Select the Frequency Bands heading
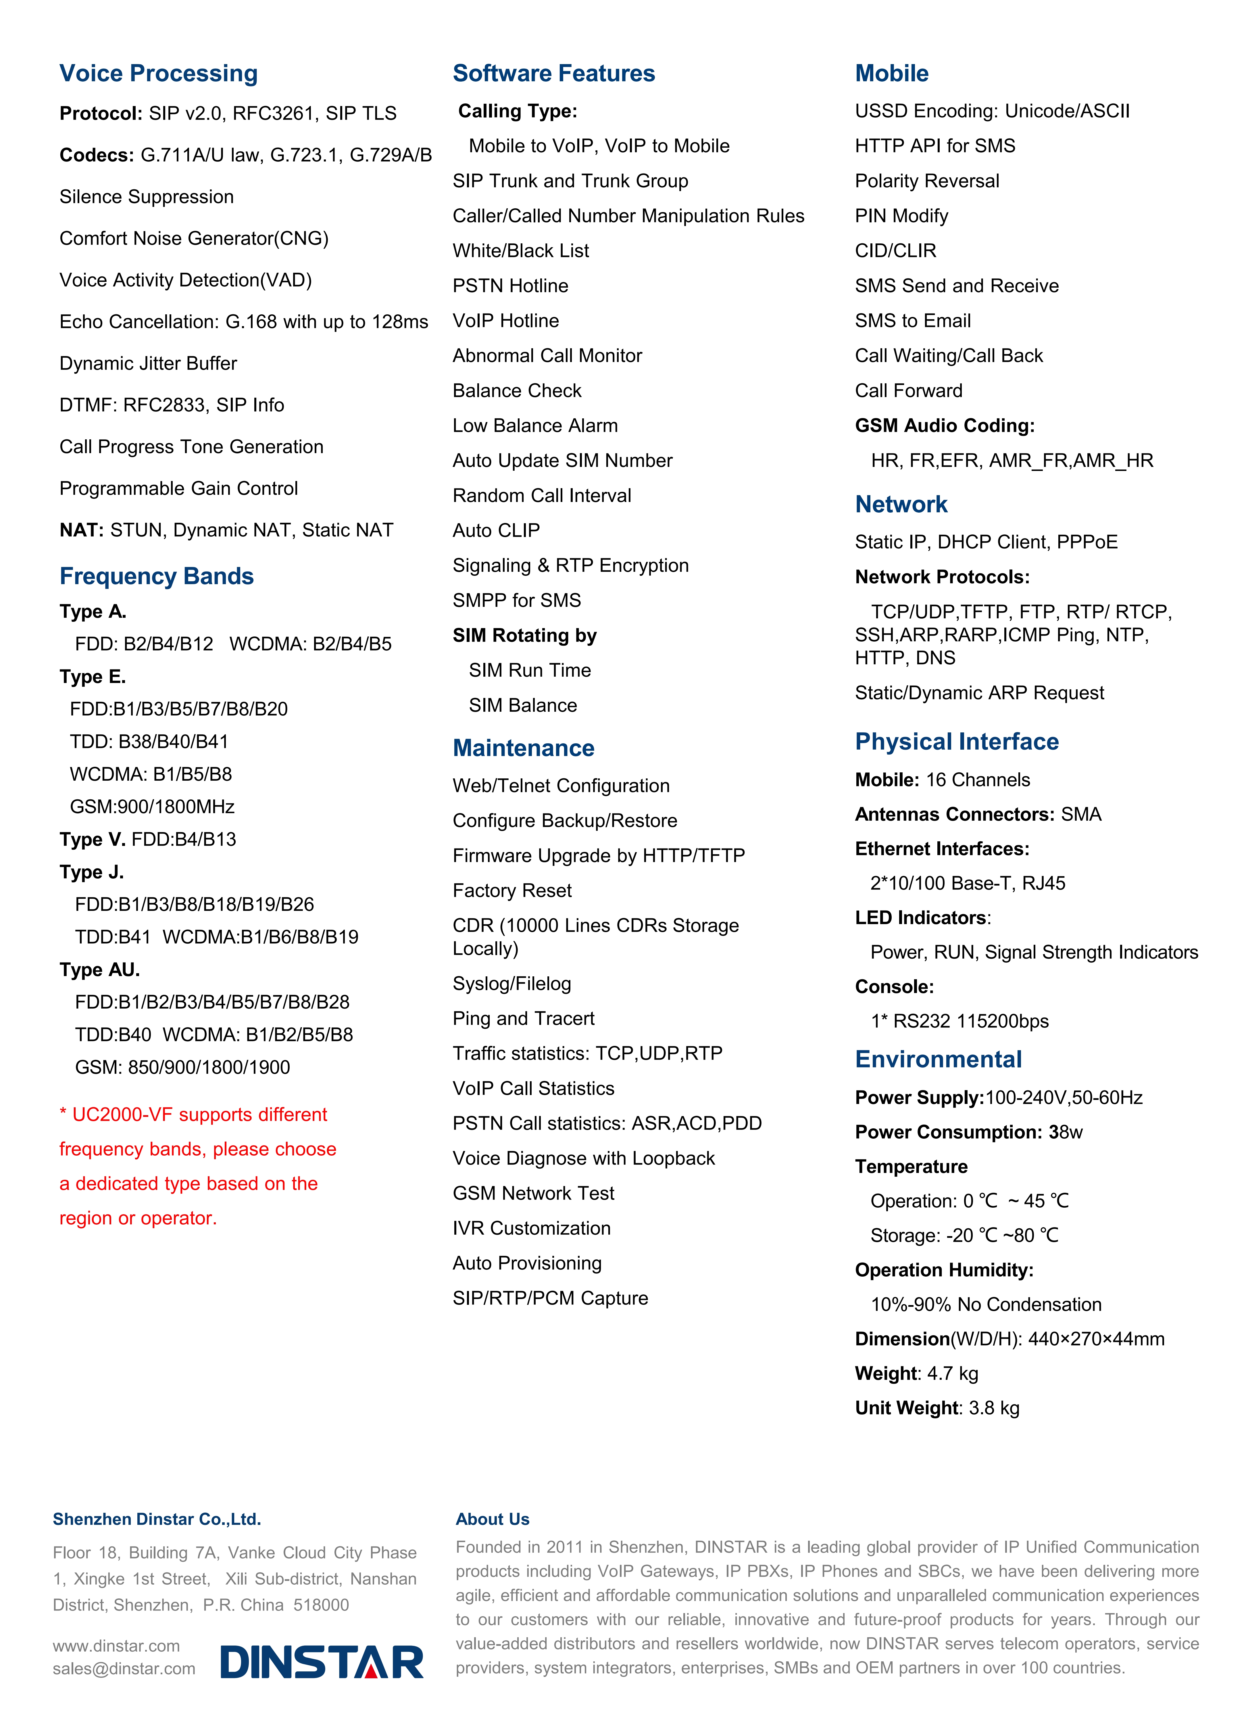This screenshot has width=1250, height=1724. (157, 576)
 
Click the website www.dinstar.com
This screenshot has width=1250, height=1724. (116, 1646)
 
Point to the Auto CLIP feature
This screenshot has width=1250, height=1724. (496, 531)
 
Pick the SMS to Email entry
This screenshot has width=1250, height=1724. (912, 321)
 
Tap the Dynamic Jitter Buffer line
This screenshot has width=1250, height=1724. (148, 363)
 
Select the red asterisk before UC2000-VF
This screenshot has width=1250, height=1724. (63, 1114)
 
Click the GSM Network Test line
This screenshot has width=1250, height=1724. (533, 1193)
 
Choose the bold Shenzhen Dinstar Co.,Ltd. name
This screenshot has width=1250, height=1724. (157, 1519)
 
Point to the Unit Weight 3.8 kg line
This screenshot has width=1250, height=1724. (937, 1408)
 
